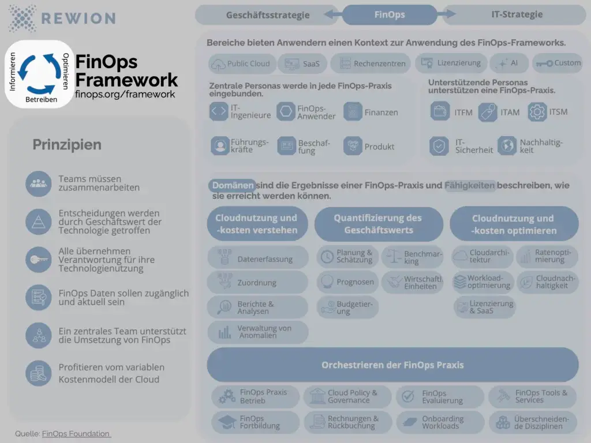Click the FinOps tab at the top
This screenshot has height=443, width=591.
coord(390,15)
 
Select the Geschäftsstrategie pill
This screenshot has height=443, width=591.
coord(268,15)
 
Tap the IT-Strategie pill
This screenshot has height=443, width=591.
coord(517,15)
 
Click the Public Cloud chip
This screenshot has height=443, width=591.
coord(241,63)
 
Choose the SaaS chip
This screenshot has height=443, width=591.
coord(301,63)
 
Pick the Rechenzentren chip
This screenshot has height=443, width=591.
coord(371,63)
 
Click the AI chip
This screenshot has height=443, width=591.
coord(508,63)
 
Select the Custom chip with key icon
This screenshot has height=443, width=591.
coord(558,63)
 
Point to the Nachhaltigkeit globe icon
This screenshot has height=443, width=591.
coord(507,146)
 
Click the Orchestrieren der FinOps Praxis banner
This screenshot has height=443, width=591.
coord(392,365)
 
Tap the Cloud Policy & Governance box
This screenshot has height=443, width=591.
coord(347,396)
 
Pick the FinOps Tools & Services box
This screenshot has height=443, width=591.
coord(532,396)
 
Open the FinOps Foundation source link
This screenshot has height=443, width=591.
coord(76,433)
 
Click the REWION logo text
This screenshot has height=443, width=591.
coord(78,17)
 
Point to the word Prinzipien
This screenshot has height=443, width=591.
coord(67,145)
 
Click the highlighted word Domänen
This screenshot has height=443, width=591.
coord(232,186)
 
